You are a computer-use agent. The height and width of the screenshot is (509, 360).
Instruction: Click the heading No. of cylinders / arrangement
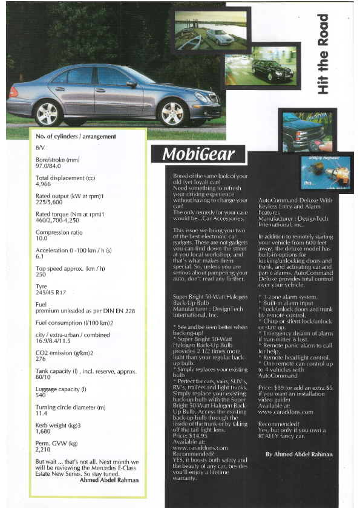point(76,137)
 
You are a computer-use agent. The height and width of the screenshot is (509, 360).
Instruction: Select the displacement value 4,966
point(44,184)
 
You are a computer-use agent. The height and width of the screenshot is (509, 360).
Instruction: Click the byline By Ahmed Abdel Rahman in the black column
point(299,454)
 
